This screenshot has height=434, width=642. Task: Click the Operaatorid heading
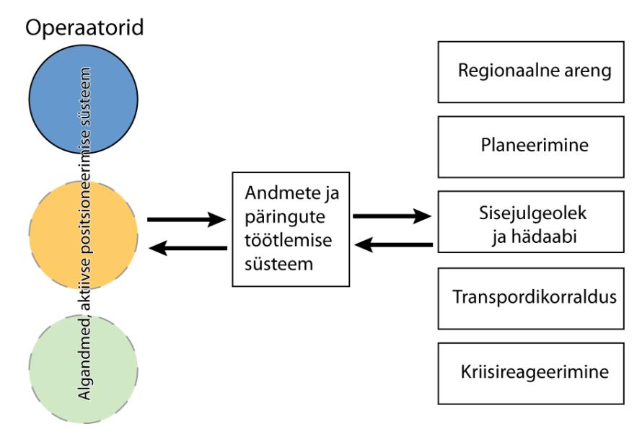coord(84,28)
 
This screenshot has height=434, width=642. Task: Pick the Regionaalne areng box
coord(531,72)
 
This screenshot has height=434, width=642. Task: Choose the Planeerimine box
coord(531,147)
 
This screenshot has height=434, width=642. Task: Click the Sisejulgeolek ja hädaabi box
coord(531,222)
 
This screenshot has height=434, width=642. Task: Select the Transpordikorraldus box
coord(531,298)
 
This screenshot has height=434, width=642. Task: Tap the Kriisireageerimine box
coord(531,373)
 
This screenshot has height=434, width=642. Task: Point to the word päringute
coord(285,218)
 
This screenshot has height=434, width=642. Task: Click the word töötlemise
coord(289,240)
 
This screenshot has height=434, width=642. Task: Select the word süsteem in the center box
coord(279,264)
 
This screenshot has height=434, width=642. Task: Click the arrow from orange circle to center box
coord(186,220)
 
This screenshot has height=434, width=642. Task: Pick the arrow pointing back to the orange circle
coord(188,248)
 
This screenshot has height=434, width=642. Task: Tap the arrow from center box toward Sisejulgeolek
coord(392,216)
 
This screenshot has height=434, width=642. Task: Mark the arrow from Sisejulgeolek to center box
coord(394,244)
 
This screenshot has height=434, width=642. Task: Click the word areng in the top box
coord(588,71)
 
